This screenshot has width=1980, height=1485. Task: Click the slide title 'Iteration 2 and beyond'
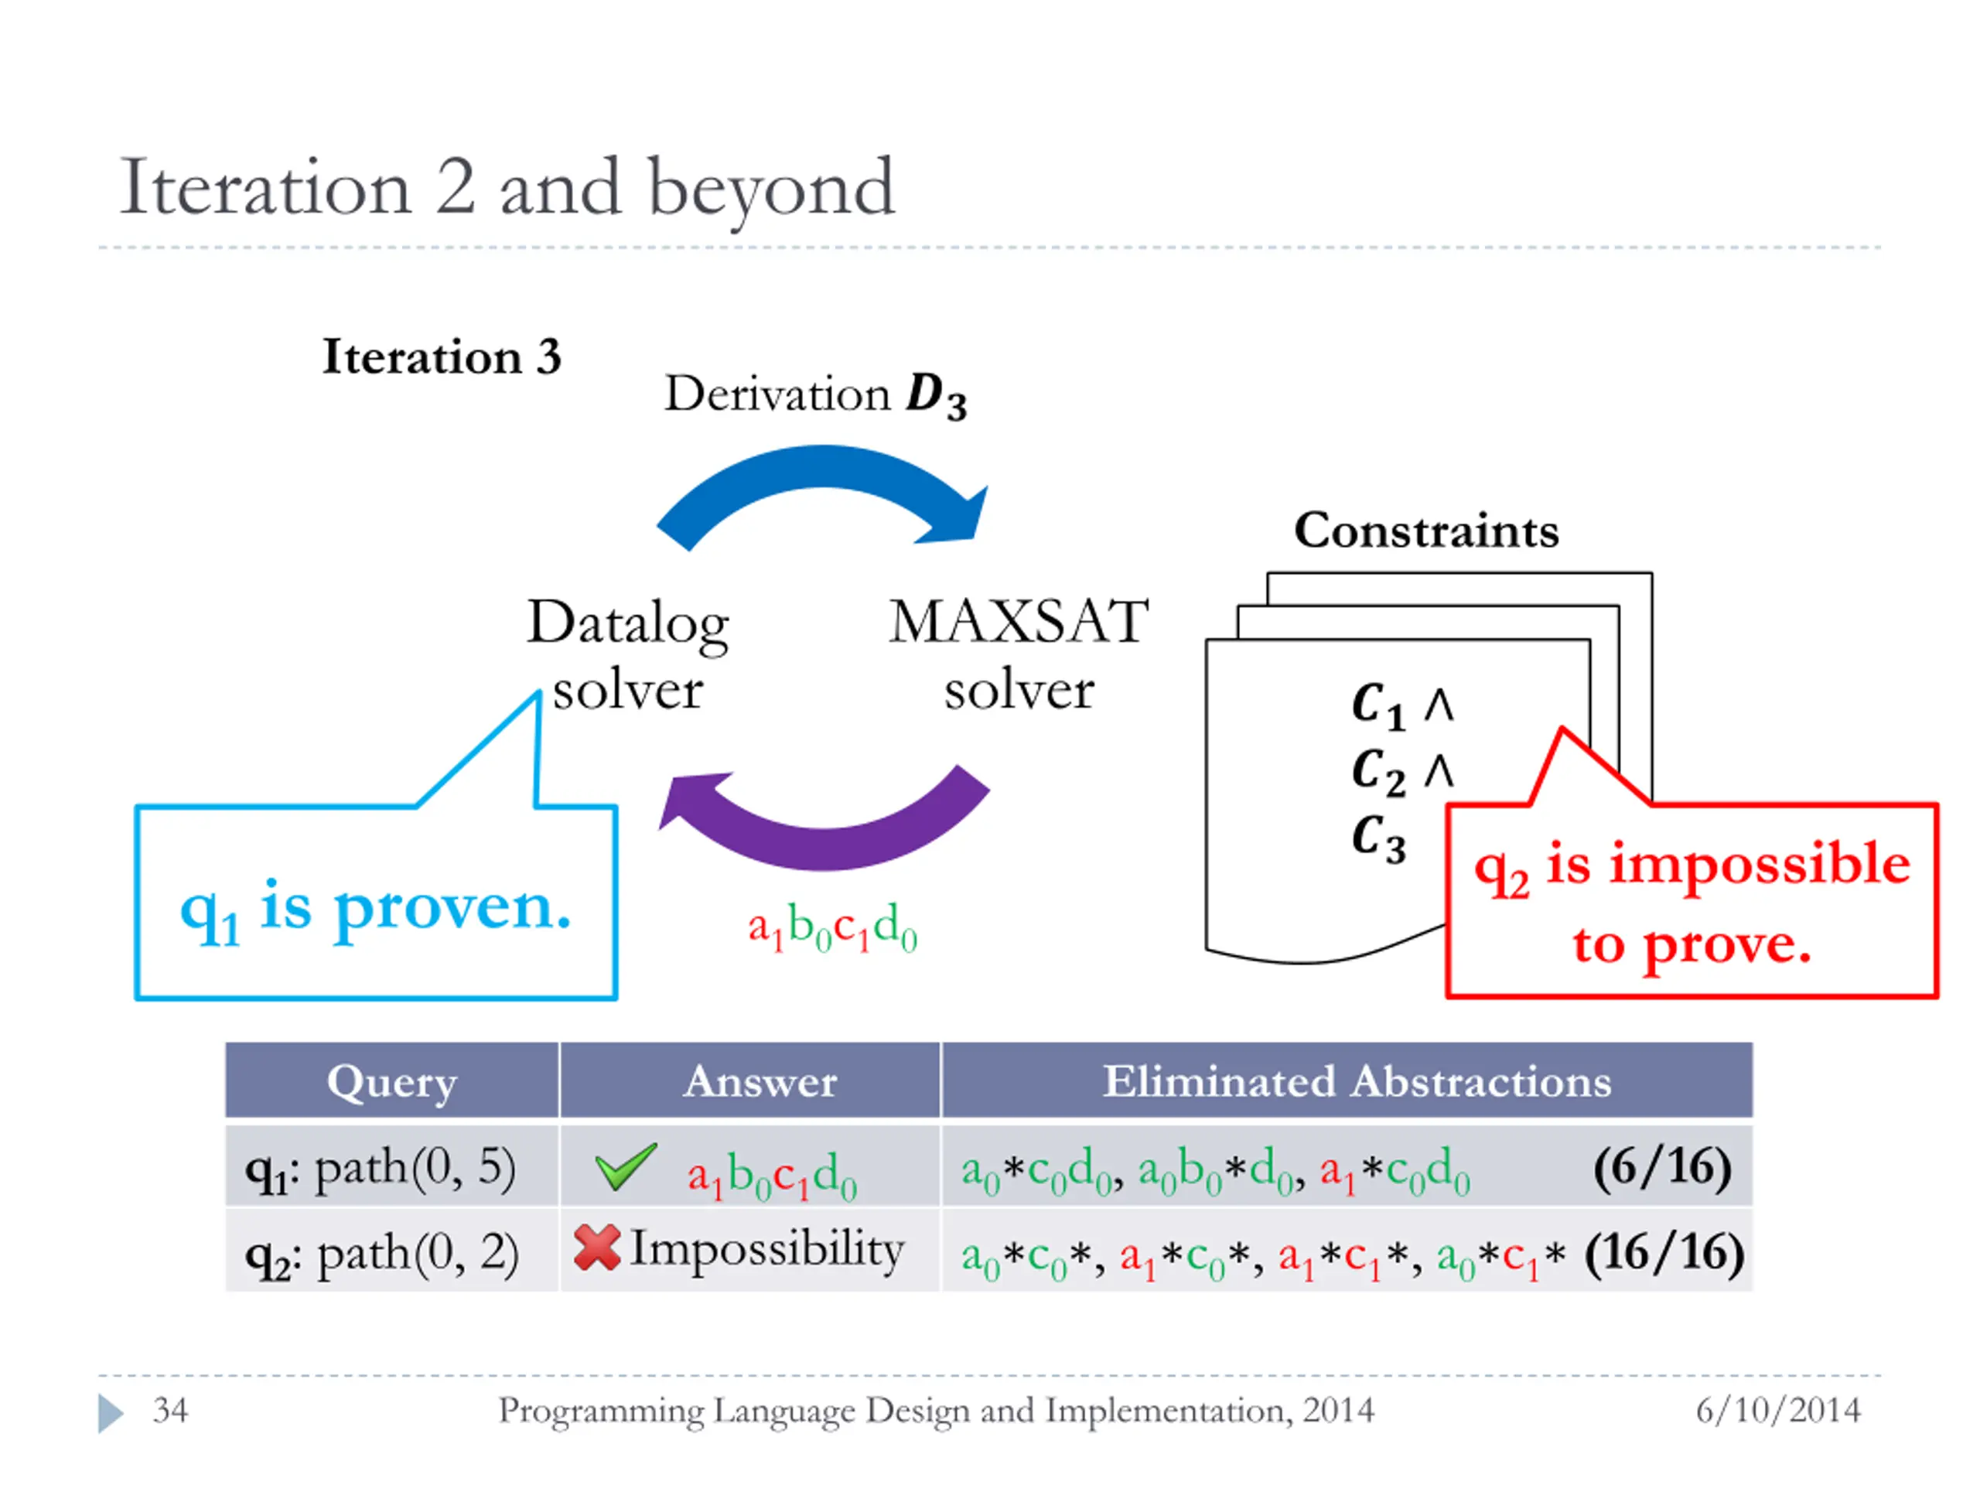507,188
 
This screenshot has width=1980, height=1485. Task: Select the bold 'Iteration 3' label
442,357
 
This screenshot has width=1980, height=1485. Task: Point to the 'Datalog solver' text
627,655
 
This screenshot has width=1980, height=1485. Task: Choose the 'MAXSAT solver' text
1019,655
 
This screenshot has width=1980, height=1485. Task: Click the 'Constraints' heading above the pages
1426,531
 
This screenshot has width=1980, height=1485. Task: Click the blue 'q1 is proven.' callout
376,904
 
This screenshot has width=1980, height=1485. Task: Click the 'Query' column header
392,1081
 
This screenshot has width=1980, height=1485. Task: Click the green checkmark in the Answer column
626,1166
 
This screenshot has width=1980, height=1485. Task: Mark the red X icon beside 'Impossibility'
597,1248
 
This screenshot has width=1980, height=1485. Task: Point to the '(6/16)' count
1661,1167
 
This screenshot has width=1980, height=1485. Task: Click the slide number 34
170,1411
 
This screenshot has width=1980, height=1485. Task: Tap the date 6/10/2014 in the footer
1777,1411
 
